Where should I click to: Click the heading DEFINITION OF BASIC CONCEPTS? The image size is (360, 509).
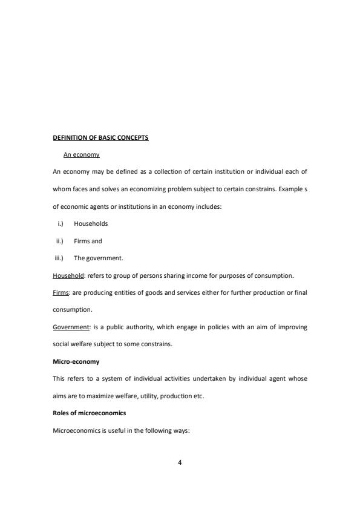point(100,137)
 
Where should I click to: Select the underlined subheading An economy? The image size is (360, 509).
point(82,155)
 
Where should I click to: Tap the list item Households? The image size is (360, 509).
point(91,223)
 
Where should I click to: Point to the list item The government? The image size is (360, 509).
point(99,258)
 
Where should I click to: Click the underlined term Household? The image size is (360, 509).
point(68,275)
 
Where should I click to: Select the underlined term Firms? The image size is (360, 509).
point(61,292)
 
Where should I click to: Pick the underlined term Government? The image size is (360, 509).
point(71,327)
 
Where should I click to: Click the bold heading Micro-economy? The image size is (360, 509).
point(76,361)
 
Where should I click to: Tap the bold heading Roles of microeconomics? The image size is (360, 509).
point(90,413)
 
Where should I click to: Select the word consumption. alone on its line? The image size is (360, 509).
point(73,310)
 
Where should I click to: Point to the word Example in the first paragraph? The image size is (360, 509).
point(290,189)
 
